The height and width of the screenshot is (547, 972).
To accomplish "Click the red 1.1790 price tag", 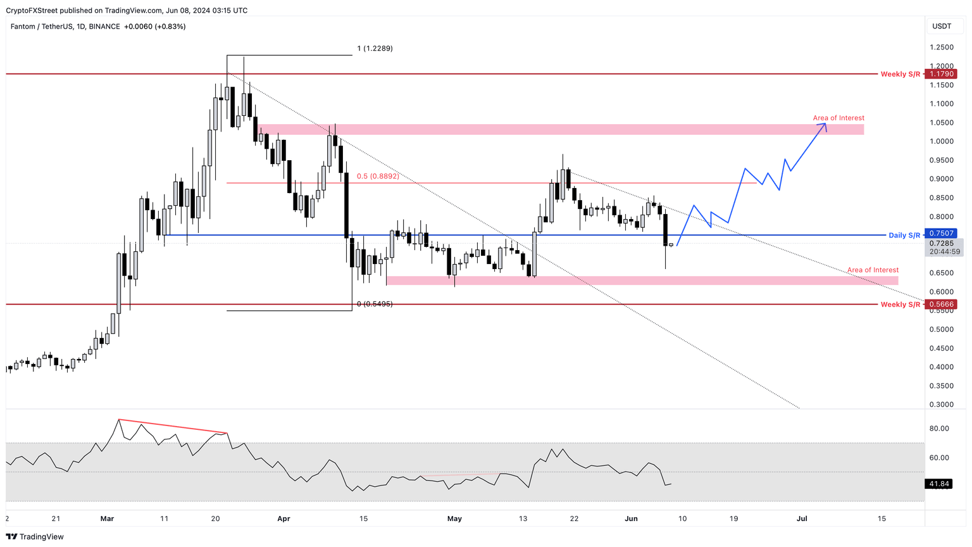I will (x=942, y=74).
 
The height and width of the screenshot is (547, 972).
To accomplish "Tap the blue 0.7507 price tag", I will (x=942, y=234).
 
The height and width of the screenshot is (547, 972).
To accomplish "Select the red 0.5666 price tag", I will (x=942, y=305).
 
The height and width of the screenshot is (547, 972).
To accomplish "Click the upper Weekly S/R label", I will (x=900, y=74).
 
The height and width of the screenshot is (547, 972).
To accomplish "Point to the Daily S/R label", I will (x=904, y=236).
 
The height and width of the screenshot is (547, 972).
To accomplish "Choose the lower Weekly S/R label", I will (x=900, y=305).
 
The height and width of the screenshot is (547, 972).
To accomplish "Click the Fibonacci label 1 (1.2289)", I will (x=375, y=48).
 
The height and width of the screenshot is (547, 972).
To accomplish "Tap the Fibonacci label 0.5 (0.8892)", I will (x=378, y=176).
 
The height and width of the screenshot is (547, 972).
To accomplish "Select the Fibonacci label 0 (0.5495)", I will (x=375, y=304).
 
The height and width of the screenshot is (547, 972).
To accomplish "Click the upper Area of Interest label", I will (x=838, y=118).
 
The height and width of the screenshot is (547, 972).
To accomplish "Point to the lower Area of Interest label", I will (x=873, y=270).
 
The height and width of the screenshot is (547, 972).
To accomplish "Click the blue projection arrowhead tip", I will (x=825, y=123).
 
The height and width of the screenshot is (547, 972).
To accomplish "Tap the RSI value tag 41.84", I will (x=939, y=484).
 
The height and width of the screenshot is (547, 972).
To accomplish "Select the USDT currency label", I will (x=942, y=26).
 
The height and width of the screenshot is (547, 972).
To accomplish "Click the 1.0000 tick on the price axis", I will (x=942, y=141).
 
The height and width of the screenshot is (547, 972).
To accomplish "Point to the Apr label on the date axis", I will (x=283, y=519).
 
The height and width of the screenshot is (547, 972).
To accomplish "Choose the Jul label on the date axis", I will (x=801, y=519).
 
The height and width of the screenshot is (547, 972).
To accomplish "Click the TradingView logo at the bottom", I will (x=35, y=537).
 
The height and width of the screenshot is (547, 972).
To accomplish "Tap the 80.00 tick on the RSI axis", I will (x=939, y=429).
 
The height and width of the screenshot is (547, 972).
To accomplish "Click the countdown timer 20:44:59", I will (x=945, y=251).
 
